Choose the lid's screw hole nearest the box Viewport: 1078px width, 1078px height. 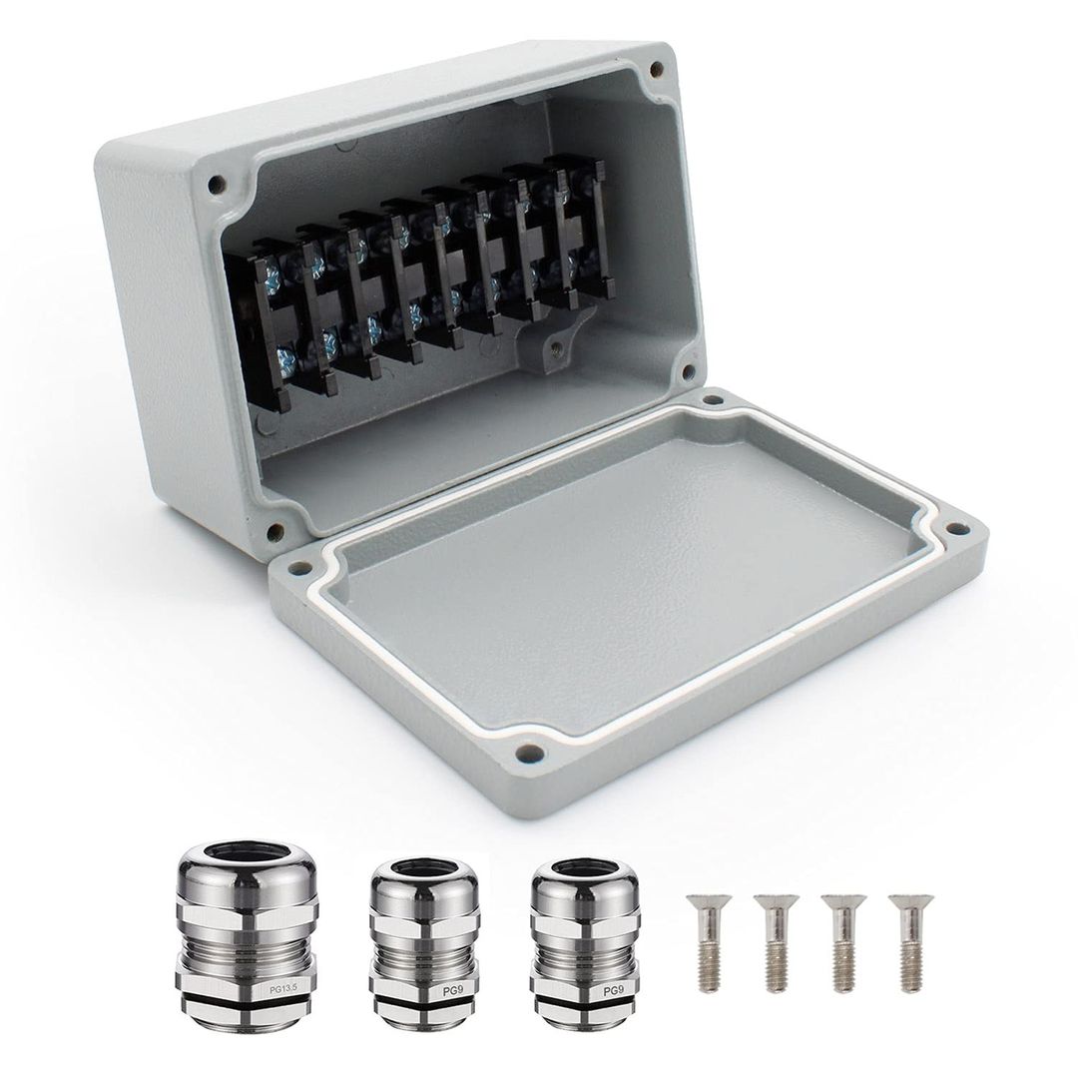click(x=712, y=403)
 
